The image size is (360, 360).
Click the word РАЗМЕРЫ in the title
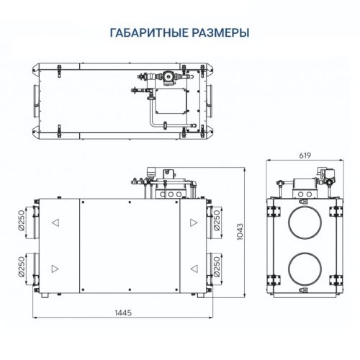pyautogui.click(x=220, y=33)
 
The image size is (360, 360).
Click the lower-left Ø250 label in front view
pyautogui.click(x=20, y=267)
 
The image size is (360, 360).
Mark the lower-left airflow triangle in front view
pyautogui.click(x=55, y=269)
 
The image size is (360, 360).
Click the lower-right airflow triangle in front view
pyautogui.click(x=192, y=269)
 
